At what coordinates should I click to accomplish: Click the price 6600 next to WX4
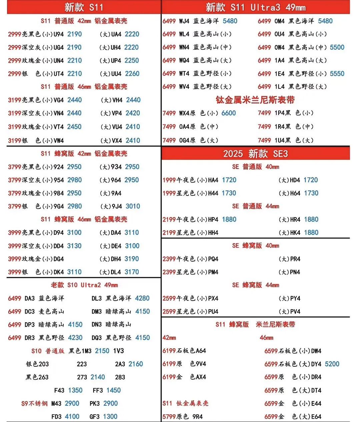pyautogui.click(x=229, y=113)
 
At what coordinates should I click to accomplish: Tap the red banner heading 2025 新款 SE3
pyautogui.click(x=255, y=153)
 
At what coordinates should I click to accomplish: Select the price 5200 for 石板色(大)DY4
pyautogui.click(x=332, y=364)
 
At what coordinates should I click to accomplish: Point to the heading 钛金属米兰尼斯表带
pyautogui.click(x=255, y=100)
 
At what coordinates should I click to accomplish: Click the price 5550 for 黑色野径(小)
pyautogui.click(x=337, y=73)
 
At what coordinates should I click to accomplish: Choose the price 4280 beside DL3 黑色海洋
pyautogui.click(x=142, y=298)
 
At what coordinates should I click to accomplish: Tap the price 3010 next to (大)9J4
pyautogui.click(x=133, y=206)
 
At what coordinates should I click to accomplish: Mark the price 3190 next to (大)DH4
pyautogui.click(x=132, y=259)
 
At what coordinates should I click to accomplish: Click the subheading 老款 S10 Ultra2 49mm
pyautogui.click(x=84, y=285)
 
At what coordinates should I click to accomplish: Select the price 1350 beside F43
pyautogui.click(x=75, y=390)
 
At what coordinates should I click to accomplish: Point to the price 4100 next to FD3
pyautogui.click(x=72, y=417)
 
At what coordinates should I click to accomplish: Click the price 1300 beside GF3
pyautogui.click(x=110, y=417)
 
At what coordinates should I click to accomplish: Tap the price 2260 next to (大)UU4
pyautogui.click(x=132, y=74)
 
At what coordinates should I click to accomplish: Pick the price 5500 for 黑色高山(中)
pyautogui.click(x=337, y=47)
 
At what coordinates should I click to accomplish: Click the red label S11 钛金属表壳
pyautogui.click(x=185, y=403)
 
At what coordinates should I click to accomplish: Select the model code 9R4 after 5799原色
pyautogui.click(x=197, y=417)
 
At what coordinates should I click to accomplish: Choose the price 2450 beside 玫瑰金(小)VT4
pyautogui.click(x=74, y=127)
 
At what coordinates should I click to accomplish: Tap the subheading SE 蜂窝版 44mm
pyautogui.click(x=255, y=285)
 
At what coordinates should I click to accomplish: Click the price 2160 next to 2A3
pyautogui.click(x=136, y=364)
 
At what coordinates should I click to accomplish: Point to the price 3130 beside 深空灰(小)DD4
pyautogui.click(x=74, y=246)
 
